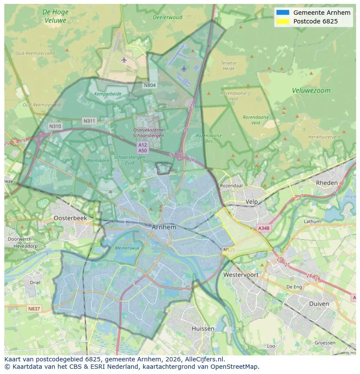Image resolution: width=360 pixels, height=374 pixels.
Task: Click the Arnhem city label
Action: click(164, 227)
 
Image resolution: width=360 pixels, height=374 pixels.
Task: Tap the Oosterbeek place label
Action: click(70, 218)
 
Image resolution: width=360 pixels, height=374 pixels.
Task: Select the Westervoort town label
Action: click(240, 275)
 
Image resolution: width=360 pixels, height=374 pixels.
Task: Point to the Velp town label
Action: click(251, 202)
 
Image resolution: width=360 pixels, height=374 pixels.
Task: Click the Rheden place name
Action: click(327, 183)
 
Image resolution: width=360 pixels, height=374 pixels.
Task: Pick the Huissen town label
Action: click(203, 328)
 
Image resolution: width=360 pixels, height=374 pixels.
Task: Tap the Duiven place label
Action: click(319, 304)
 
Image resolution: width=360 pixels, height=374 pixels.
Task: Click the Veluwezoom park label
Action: click(311, 91)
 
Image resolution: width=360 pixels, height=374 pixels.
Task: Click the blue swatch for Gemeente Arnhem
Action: click(282, 13)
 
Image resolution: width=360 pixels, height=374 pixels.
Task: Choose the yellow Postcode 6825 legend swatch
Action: click(282, 21)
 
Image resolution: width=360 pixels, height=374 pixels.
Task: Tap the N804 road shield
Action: click(150, 85)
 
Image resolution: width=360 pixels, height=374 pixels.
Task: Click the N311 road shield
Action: click(90, 121)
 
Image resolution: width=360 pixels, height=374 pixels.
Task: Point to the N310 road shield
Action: click(55, 126)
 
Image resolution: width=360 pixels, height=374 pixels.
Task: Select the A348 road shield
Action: click(263, 228)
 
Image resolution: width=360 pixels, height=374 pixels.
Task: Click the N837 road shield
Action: click(33, 309)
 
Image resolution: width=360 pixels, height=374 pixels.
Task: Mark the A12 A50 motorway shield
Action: click(143, 147)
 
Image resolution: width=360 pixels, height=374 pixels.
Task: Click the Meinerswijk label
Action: click(127, 248)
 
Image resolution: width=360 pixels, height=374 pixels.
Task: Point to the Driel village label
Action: click(35, 282)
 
